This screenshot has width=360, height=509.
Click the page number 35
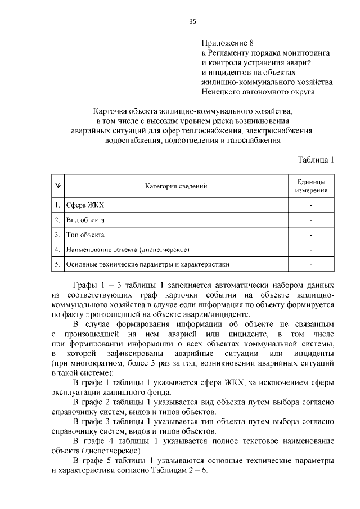(192, 21)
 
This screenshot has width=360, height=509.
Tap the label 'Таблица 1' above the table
(316, 159)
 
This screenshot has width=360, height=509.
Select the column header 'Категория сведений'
(176, 186)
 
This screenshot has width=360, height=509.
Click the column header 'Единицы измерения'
(311, 186)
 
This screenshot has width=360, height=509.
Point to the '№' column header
(58, 186)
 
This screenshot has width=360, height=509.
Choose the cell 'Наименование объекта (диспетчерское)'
(127, 249)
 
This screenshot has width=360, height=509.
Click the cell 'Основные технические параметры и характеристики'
(148, 264)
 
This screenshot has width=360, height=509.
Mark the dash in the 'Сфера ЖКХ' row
(311, 205)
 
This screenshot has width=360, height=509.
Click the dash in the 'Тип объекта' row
(311, 235)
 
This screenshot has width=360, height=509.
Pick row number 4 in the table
(57, 249)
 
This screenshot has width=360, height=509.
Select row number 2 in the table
(57, 220)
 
